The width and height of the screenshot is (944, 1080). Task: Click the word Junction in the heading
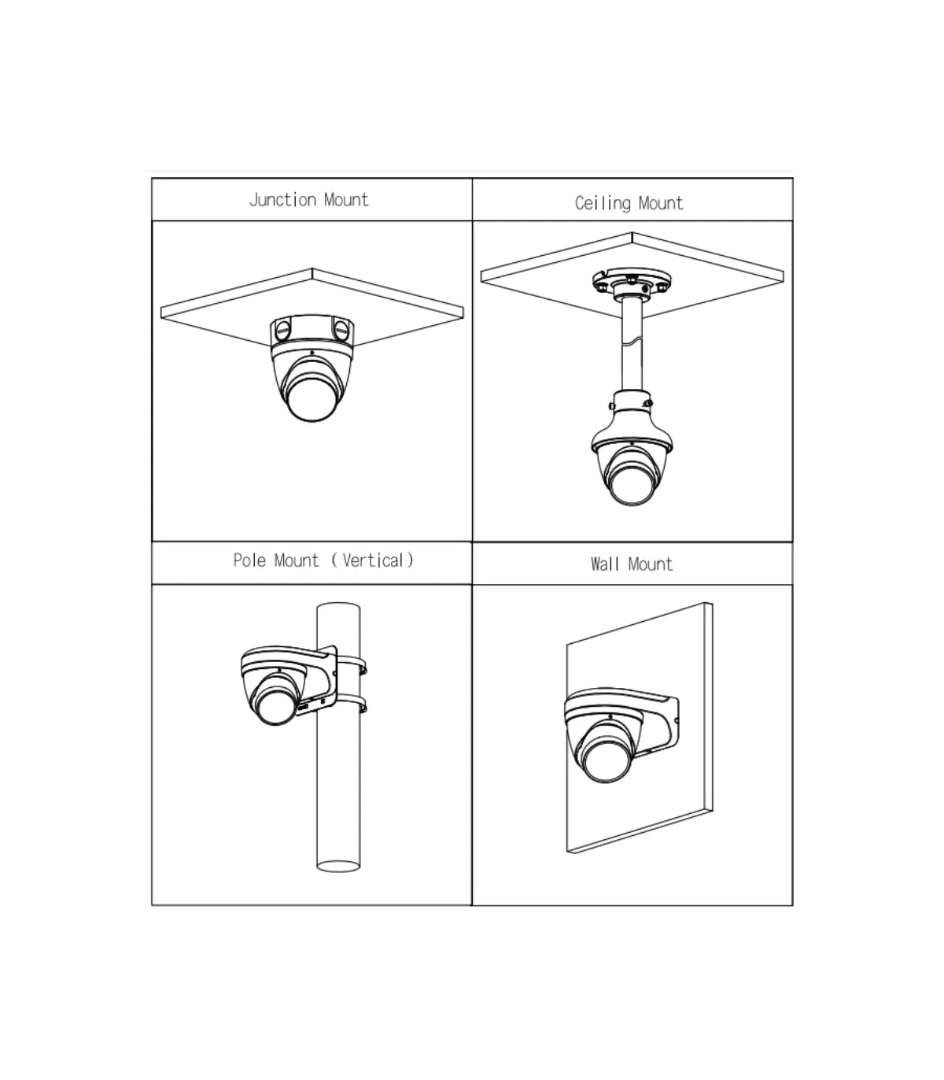tap(282, 200)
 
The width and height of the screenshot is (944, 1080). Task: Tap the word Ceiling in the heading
tap(603, 203)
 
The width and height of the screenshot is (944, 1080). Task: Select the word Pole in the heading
tap(249, 560)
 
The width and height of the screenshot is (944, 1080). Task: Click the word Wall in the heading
tap(604, 564)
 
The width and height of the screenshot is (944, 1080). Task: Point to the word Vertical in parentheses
tap(373, 560)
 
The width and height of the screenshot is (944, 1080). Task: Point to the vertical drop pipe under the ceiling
tap(632, 345)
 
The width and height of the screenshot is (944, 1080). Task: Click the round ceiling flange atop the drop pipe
tap(632, 281)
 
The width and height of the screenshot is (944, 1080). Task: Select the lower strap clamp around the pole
tap(351, 703)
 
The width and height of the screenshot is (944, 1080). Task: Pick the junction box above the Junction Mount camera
tap(312, 331)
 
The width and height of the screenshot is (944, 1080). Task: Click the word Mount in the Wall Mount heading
tap(651, 564)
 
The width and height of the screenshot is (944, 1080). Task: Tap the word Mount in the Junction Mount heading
tap(346, 200)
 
